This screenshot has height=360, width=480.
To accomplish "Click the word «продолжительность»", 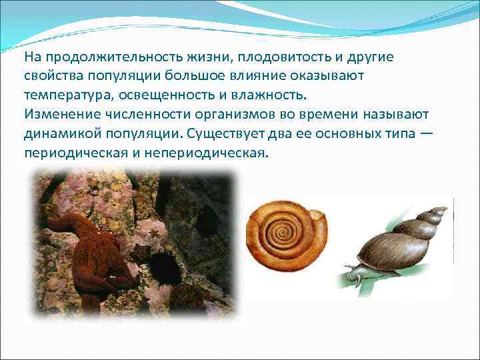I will tap(99, 57).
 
